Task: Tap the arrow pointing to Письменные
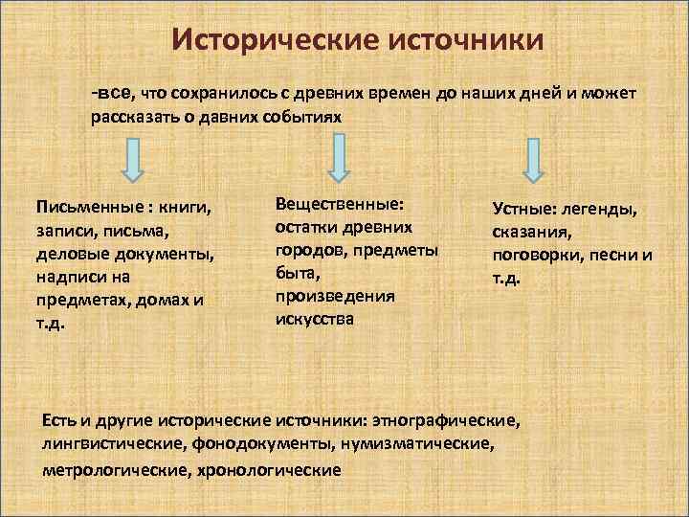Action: [x=133, y=160]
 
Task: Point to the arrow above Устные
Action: [x=536, y=159]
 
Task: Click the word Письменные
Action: [x=80, y=207]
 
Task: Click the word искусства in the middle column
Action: [x=314, y=319]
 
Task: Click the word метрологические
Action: [x=115, y=470]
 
